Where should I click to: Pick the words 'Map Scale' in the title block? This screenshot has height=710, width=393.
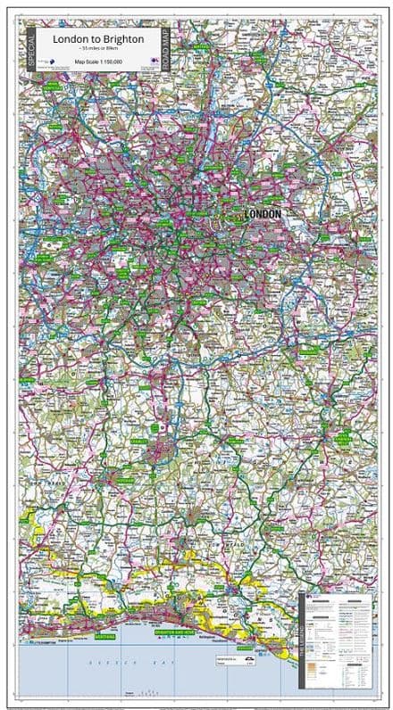86,62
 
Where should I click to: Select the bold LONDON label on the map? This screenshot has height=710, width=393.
262,214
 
